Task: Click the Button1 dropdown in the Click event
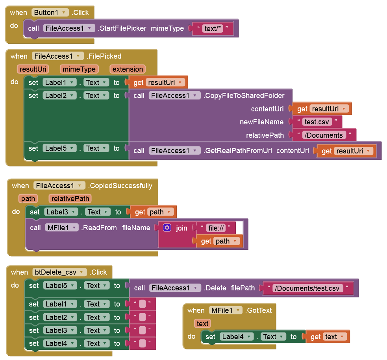50,13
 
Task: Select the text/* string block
213,28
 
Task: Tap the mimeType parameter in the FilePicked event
79,69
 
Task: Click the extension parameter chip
128,69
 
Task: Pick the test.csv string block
316,122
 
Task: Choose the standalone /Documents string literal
324,135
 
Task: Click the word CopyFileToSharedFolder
244,96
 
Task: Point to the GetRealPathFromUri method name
239,151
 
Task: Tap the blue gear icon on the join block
167,228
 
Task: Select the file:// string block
216,228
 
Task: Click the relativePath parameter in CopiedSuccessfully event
70,199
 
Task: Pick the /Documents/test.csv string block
307,288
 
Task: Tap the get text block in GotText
328,337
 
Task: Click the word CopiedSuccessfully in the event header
120,186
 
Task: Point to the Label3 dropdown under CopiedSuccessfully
61,212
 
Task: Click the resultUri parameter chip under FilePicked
33,69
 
